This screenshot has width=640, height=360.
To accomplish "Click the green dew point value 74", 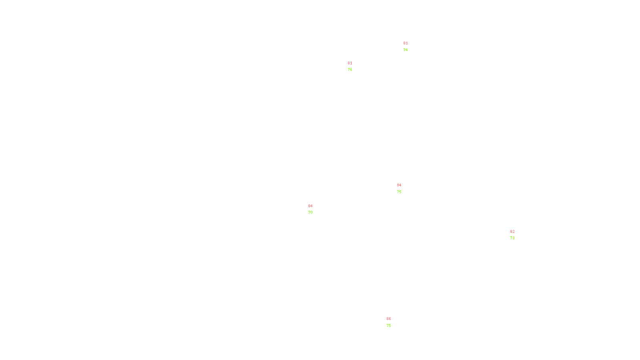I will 406,50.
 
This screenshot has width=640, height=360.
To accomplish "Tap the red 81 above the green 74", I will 406,43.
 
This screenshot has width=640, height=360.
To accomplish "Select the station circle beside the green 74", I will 409,47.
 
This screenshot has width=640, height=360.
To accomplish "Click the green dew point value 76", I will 350,70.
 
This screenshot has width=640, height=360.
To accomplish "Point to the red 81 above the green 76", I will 350,63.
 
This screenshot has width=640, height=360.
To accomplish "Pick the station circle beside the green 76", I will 354,67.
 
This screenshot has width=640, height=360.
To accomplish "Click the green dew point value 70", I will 310,212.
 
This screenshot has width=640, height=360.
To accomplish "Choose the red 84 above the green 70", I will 310,206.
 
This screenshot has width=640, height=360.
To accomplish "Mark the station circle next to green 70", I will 314,209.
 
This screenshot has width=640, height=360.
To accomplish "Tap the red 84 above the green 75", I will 399,185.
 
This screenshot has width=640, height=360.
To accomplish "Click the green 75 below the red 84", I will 399,192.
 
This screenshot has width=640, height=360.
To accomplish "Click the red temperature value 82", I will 512,232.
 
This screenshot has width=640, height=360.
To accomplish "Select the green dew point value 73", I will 512,238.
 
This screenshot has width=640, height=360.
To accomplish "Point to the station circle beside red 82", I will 516,235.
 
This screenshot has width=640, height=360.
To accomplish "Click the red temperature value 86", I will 389,319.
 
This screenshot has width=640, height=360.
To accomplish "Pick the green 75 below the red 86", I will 389,326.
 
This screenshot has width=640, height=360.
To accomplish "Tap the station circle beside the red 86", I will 392,322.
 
